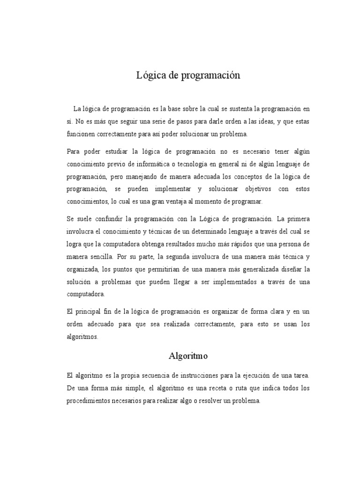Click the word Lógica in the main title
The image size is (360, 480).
click(x=149, y=75)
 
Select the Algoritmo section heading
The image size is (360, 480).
click(x=188, y=356)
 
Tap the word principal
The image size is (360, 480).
click(x=92, y=312)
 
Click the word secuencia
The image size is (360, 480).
click(x=153, y=376)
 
